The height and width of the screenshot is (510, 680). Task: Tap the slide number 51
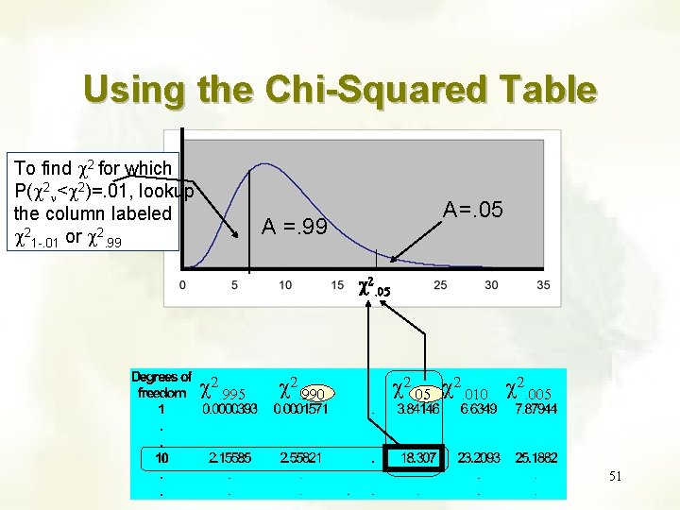615,476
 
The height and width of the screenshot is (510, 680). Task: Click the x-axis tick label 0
181,284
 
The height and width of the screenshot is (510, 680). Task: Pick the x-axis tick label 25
439,284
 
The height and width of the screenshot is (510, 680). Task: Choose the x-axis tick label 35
542,284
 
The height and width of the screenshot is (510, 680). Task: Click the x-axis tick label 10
284,284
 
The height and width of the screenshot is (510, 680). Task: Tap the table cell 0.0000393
230,410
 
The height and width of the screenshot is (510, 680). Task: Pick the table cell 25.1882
535,457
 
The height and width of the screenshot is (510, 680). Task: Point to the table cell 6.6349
479,410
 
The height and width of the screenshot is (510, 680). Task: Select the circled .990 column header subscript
314,393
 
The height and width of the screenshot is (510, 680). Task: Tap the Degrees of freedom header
161,384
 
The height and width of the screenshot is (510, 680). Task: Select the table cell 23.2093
479,457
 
